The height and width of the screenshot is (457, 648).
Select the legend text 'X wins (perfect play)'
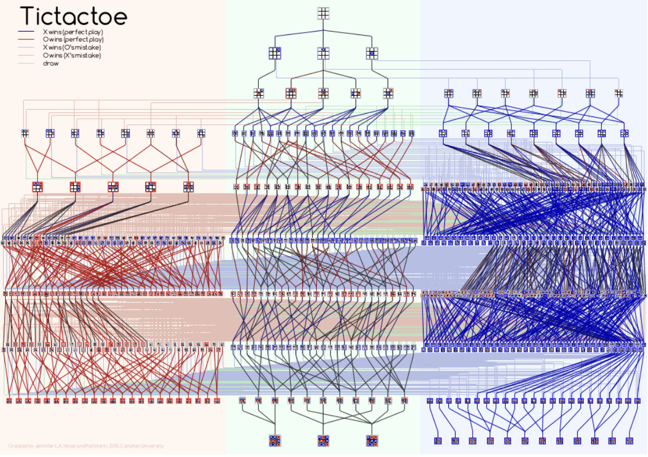tap(73, 32)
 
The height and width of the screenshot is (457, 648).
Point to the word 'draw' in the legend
tap(51, 63)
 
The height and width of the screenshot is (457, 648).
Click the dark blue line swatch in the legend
tap(28, 32)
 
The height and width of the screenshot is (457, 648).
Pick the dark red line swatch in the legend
tap(28, 39)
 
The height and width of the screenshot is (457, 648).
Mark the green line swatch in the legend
tap(28, 63)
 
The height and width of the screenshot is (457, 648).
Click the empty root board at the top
tap(323, 13)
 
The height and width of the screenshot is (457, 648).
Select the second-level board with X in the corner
tap(274, 53)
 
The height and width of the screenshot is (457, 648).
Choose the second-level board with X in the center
tap(371, 53)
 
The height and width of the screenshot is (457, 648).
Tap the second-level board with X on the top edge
tap(323, 53)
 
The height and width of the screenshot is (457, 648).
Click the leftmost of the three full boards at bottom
tap(274, 440)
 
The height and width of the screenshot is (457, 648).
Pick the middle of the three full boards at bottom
tap(323, 440)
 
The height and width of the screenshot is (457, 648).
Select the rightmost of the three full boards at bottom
tap(371, 440)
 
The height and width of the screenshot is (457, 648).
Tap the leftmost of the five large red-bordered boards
tap(37, 186)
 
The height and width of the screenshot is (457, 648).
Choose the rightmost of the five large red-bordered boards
tap(188, 186)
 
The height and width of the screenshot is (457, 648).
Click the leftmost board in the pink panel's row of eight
tap(25, 133)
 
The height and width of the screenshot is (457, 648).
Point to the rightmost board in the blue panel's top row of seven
tap(619, 93)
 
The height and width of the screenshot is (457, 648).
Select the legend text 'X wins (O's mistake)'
tap(73, 47)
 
